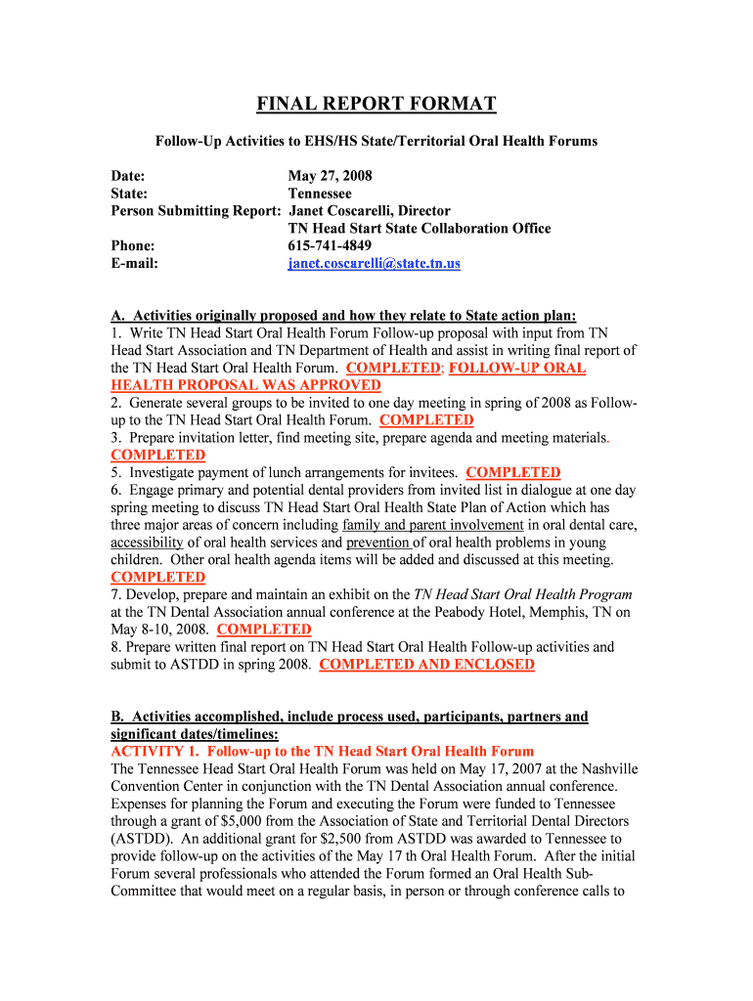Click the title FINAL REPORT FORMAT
pos(376,105)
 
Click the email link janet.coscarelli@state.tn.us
pos(374,263)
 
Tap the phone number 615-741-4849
pos(330,245)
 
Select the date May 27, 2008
pos(330,176)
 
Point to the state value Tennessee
pos(320,194)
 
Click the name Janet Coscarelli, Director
pos(369,211)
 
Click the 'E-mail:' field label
pos(135,263)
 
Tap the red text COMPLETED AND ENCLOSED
pos(426,665)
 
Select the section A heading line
pos(344,315)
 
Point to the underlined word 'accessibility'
pos(147,543)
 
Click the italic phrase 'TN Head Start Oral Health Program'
pos(523,594)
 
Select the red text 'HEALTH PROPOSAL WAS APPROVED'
pos(245,385)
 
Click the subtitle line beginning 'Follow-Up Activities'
pos(376,142)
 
